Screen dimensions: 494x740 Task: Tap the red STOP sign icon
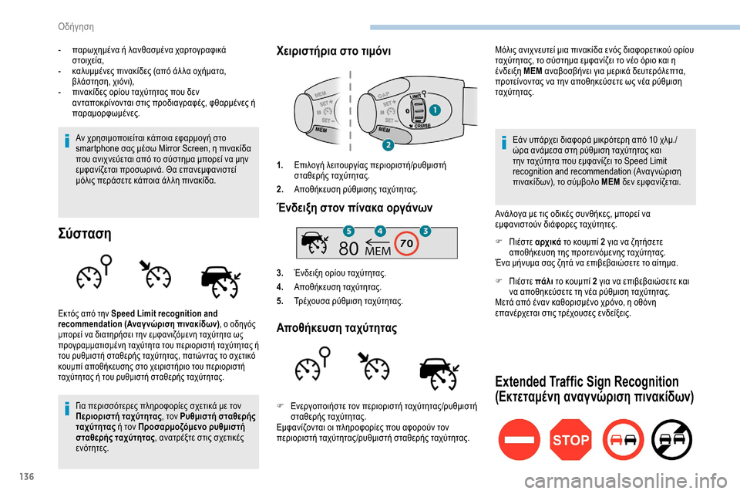pyautogui.click(x=570, y=440)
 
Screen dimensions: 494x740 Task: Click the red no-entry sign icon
pyautogui.click(x=519, y=440)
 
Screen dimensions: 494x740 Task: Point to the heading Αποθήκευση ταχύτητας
pyautogui.click(x=337, y=328)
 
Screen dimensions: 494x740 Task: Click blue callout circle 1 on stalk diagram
pyautogui.click(x=436, y=110)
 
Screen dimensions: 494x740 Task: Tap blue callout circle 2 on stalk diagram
pyautogui.click(x=388, y=144)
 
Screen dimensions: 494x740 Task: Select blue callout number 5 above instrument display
pyautogui.click(x=348, y=231)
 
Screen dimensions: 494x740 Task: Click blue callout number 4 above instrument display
pyautogui.click(x=380, y=231)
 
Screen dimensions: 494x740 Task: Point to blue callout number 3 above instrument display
pyautogui.click(x=425, y=231)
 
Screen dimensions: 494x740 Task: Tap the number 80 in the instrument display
pyautogui.click(x=348, y=249)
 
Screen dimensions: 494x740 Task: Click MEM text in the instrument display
pyautogui.click(x=378, y=251)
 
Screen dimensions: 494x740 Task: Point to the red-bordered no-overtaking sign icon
pyautogui.click(x=622, y=440)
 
